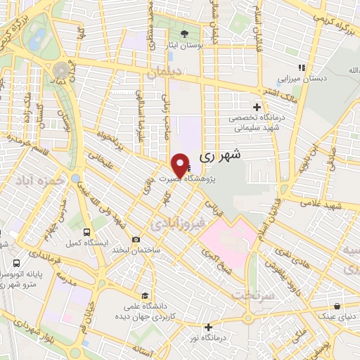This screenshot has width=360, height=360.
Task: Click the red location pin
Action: [x=180, y=165]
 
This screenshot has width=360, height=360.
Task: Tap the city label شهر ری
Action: [x=221, y=157]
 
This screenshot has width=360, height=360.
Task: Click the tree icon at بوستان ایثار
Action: [x=185, y=34]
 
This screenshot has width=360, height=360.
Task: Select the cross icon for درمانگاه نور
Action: [x=208, y=327]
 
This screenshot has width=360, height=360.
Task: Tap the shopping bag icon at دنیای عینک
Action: [x=339, y=306]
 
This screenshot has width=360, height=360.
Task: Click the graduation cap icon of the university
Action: [x=144, y=295]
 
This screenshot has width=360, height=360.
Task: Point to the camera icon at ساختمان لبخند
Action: [x=136, y=240]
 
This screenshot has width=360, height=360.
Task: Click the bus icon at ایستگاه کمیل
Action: [x=86, y=231]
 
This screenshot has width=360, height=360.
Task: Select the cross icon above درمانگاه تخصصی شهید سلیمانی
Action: [x=257, y=108]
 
